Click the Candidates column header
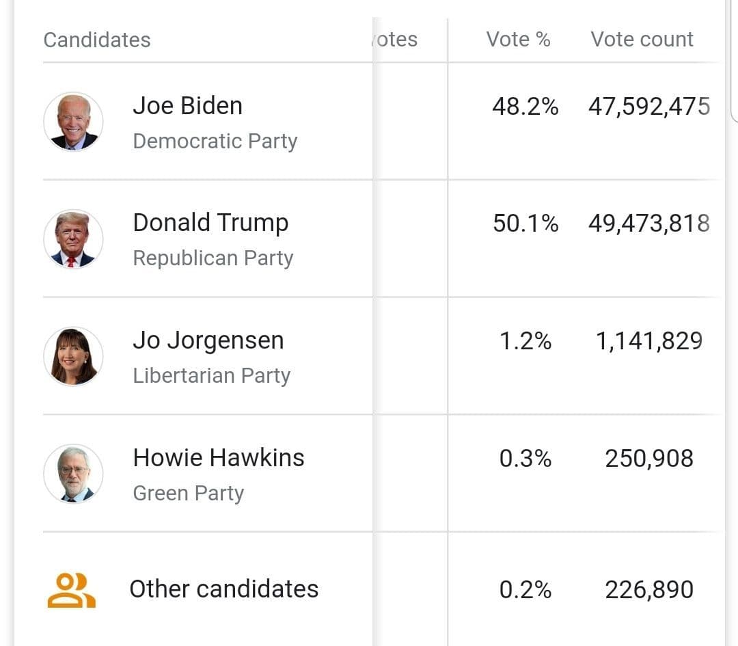[x=97, y=40]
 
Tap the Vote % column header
[x=518, y=39]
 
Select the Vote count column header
[x=642, y=39]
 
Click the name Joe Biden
[x=187, y=106]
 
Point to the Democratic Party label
[x=215, y=141]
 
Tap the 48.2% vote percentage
[x=525, y=107]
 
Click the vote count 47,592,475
[x=648, y=107]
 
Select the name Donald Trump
[x=210, y=223]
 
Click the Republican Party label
[x=213, y=258]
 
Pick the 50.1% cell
[x=525, y=224]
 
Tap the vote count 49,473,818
[x=648, y=224]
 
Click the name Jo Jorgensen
[x=208, y=340]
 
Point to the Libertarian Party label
[x=211, y=375]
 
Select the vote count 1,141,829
[x=648, y=341]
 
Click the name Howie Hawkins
[x=219, y=457]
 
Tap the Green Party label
[x=188, y=493]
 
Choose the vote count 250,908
[x=648, y=458]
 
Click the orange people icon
[x=71, y=590]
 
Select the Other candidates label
[x=223, y=589]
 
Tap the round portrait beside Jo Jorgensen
[x=73, y=356]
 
